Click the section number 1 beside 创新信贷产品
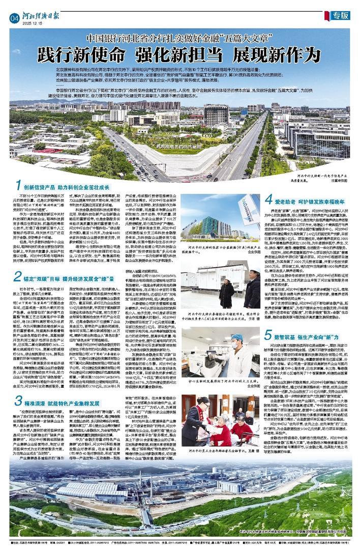click(17, 185)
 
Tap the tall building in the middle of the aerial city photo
click(217, 116)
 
